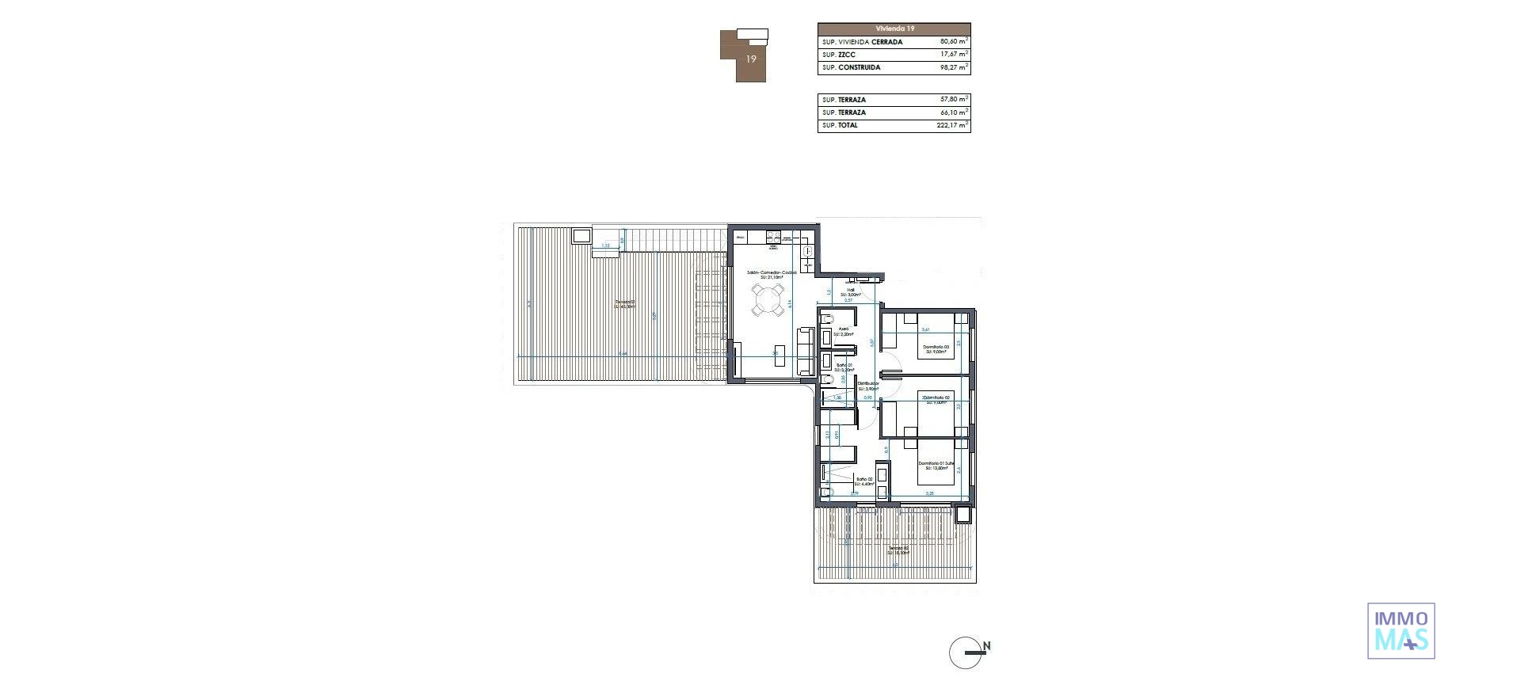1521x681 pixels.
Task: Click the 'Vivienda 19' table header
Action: click(894, 29)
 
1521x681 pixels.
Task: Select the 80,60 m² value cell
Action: click(953, 41)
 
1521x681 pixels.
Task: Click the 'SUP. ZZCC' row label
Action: click(839, 55)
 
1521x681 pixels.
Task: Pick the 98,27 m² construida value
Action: click(953, 67)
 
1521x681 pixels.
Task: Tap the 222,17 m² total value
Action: click(952, 125)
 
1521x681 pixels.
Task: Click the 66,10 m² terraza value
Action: click(953, 112)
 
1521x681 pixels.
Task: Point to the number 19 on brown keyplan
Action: click(751, 59)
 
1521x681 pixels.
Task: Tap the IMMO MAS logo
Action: click(1401, 630)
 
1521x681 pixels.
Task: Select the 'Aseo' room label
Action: click(844, 330)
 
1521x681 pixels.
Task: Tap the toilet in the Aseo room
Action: click(826, 320)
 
